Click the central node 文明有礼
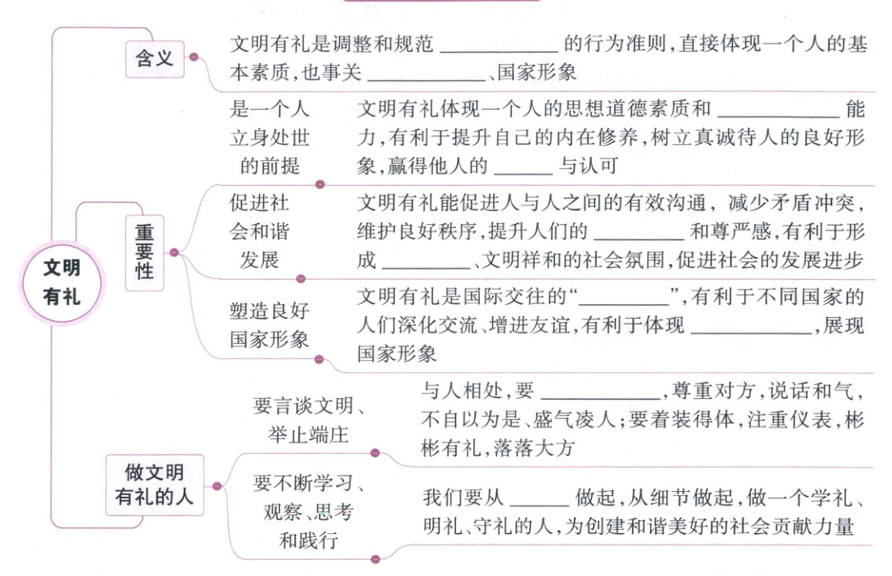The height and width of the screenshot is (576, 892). (62, 282)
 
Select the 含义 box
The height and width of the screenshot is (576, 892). (155, 57)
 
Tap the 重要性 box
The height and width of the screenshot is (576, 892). (144, 252)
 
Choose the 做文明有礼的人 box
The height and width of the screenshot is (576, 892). (154, 485)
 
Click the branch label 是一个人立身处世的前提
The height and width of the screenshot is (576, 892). (270, 138)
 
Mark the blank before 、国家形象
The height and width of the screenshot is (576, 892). (427, 74)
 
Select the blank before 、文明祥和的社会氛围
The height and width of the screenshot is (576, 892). (425, 262)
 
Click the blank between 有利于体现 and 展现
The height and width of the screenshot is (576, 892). (753, 326)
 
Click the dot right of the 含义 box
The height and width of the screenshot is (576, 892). (193, 57)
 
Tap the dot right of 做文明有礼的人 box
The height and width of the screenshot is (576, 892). (216, 486)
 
